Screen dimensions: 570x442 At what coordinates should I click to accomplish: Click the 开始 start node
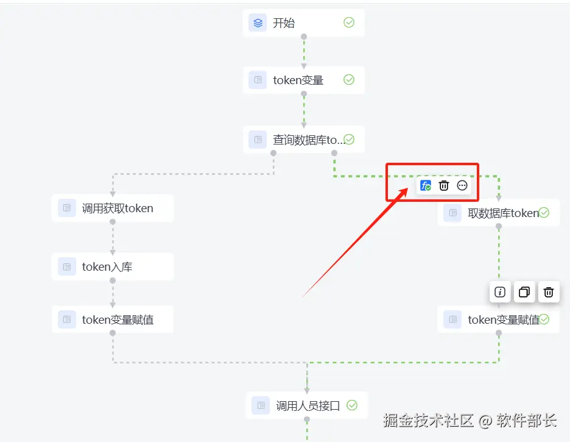point(303,23)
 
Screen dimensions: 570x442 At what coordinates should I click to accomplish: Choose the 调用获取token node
point(113,209)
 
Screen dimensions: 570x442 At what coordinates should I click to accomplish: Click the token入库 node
point(113,266)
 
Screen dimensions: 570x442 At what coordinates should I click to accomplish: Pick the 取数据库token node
point(498,213)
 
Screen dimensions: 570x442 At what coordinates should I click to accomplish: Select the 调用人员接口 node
point(307,405)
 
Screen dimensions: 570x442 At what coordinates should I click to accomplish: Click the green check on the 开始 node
point(349,23)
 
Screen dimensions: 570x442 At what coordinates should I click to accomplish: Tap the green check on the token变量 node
point(349,80)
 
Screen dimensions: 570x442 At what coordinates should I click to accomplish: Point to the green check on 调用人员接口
point(352,405)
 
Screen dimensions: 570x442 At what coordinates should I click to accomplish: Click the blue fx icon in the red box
point(426,185)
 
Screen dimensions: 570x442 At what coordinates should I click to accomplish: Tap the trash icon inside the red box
point(444,185)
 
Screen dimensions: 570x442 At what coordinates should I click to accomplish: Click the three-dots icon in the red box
point(462,185)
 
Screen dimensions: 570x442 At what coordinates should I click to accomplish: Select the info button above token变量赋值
point(500,292)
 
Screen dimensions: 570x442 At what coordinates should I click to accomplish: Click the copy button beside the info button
point(524,292)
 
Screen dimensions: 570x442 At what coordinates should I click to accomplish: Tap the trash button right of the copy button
point(548,292)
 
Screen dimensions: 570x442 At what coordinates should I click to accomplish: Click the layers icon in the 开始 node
point(258,23)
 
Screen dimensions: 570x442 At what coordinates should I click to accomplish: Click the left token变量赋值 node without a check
point(113,319)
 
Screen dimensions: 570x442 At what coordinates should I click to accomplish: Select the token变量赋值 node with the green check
point(498,319)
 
